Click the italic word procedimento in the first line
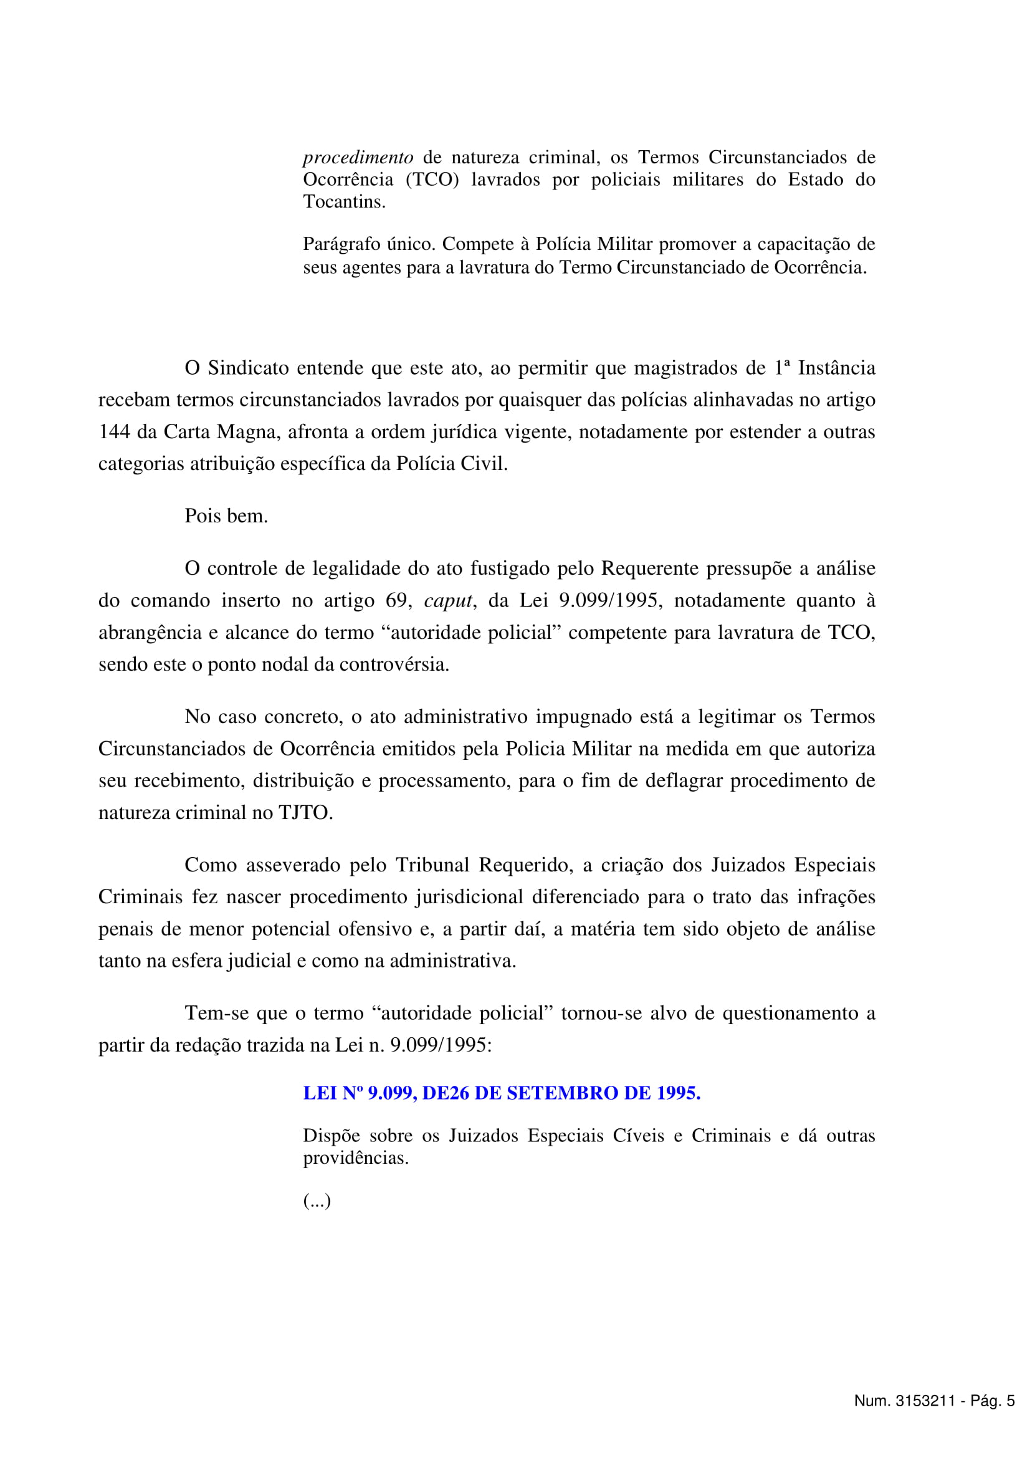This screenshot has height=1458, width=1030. [358, 158]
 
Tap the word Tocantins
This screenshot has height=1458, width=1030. [344, 202]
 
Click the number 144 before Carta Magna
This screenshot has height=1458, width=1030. [113, 432]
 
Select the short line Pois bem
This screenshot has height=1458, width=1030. [226, 516]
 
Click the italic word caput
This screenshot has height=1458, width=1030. [448, 601]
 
